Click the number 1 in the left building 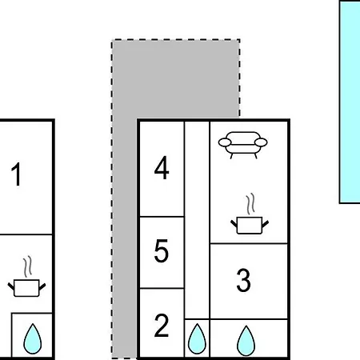17,174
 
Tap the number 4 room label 162,168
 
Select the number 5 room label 162,250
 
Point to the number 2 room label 162,326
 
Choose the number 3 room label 243,280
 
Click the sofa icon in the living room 242,145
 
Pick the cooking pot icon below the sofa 250,226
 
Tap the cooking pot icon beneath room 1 26,288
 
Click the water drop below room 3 246,342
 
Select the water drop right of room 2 197,339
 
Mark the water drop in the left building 33,339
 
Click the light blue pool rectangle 350,102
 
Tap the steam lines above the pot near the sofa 250,204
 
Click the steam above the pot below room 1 27,266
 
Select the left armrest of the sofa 225,142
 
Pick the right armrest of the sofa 261,142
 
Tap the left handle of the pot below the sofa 234,223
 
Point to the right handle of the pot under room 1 42,286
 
